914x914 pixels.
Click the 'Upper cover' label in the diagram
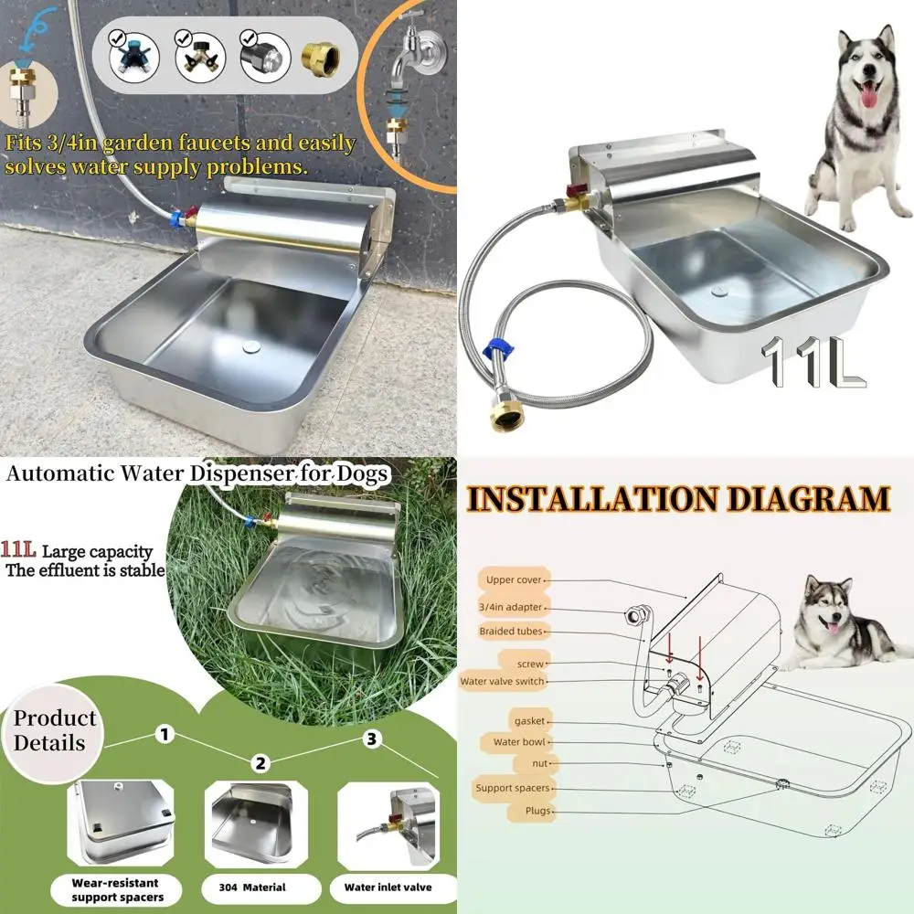(x=513, y=579)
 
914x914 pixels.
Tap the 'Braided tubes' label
(x=513, y=631)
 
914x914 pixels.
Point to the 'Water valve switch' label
(x=503, y=681)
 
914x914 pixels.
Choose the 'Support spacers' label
(x=512, y=787)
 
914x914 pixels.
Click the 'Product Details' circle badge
(x=55, y=730)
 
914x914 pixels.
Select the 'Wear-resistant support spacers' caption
(x=116, y=890)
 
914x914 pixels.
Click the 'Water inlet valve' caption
(x=388, y=887)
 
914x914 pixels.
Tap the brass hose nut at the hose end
(x=505, y=413)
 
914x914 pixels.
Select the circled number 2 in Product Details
(x=262, y=763)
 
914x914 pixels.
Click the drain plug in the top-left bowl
(x=248, y=345)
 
